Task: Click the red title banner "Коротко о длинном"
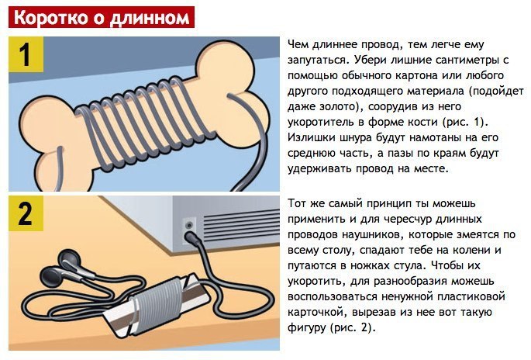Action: click(x=102, y=17)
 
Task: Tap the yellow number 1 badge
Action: click(x=26, y=54)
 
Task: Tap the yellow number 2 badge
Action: click(x=26, y=213)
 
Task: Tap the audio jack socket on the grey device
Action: click(x=189, y=225)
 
